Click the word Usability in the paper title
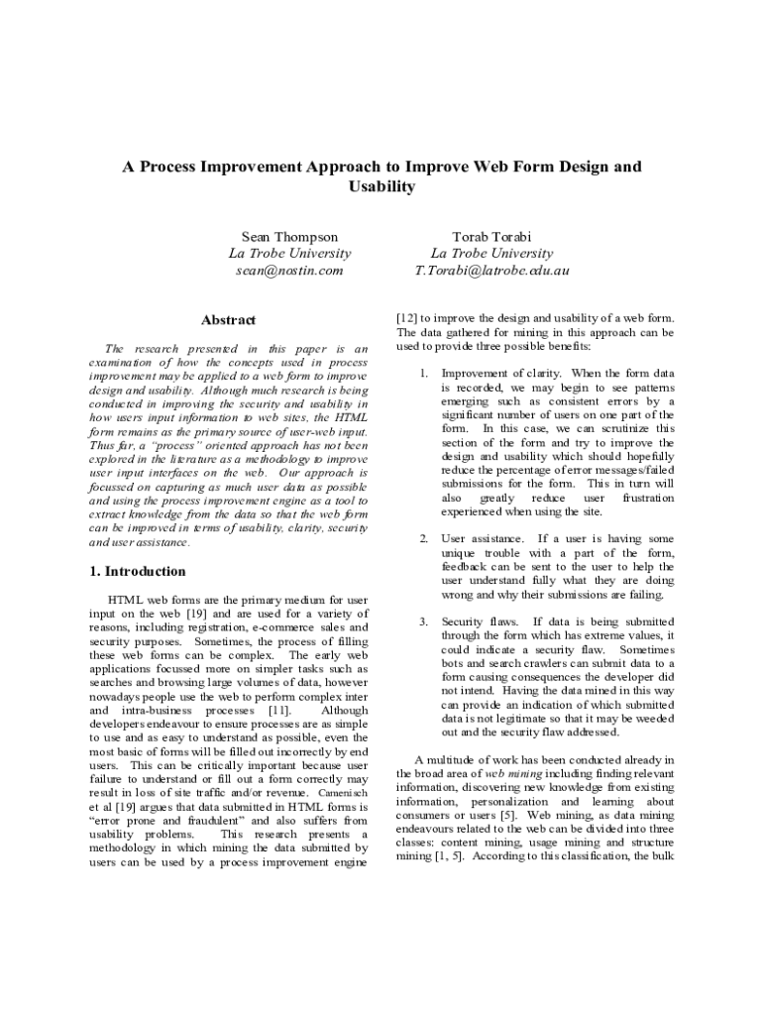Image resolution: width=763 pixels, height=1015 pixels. pos(381,186)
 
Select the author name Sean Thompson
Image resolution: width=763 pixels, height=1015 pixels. pos(289,237)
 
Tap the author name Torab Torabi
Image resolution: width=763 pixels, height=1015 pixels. pos(491,237)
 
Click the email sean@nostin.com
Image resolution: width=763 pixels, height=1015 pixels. pos(289,270)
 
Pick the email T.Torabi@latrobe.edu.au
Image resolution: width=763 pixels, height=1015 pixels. pos(491,270)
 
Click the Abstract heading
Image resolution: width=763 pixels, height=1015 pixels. pos(228,320)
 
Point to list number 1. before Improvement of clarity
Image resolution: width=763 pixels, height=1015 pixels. pos(422,374)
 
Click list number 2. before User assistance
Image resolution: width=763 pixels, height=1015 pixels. pos(422,538)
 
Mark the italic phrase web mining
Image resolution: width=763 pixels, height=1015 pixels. pos(513,772)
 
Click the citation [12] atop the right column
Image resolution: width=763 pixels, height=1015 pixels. pos(406,318)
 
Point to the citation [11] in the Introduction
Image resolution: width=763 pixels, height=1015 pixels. pos(279,711)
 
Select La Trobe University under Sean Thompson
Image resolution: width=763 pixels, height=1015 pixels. pos(289,254)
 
